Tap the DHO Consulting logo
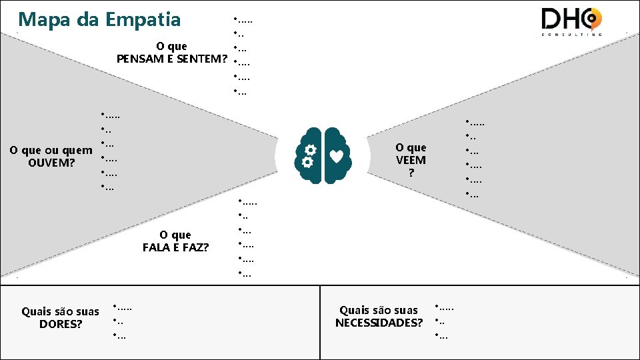pos(571,21)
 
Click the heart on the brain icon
pos(338,156)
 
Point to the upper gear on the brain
pos(310,149)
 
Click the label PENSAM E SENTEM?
pos(171,59)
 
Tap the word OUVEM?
pos(52,163)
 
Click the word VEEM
pos(411,160)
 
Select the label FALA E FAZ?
pos(175,247)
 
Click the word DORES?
pos(61,324)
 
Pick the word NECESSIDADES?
pos(379,323)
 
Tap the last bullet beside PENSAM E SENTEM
pos(241,92)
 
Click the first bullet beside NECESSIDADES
pos(444,307)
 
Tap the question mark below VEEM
pos(411,173)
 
